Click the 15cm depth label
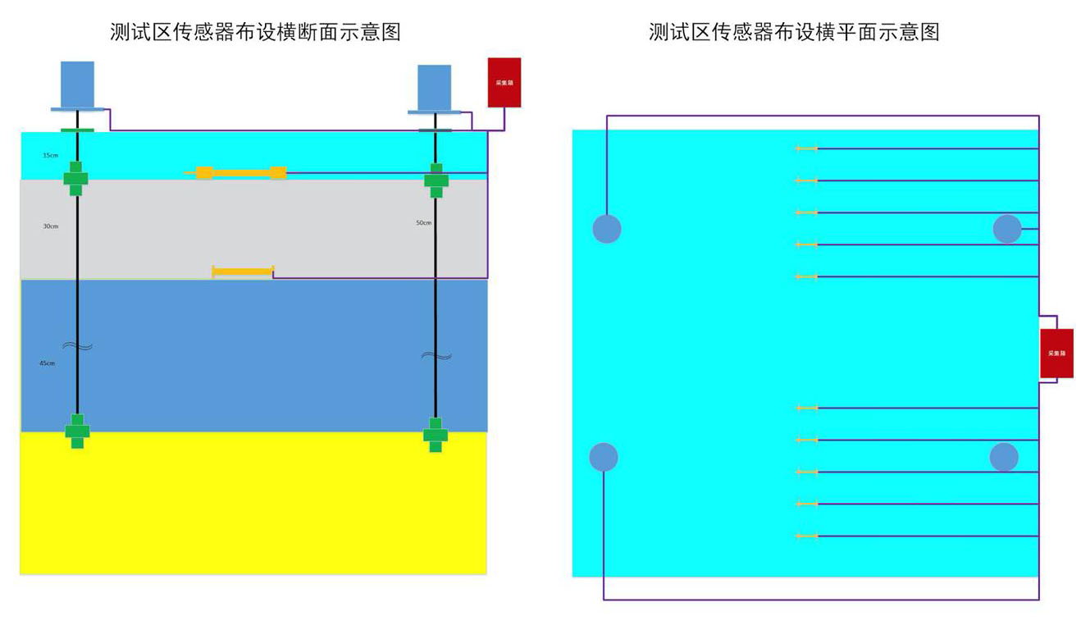[x=50, y=155]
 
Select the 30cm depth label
[x=50, y=226]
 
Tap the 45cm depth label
[x=47, y=363]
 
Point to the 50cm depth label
[x=423, y=222]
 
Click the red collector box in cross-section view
[x=504, y=82]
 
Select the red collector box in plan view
[x=1056, y=353]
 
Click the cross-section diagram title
[x=255, y=32]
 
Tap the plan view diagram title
[x=793, y=32]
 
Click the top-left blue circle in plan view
[x=607, y=229]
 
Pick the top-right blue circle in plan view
[x=1007, y=229]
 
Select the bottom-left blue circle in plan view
[x=604, y=457]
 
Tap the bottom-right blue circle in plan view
[x=1004, y=457]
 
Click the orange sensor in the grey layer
[x=243, y=272]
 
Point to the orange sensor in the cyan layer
[x=241, y=173]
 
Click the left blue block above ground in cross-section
[x=77, y=84]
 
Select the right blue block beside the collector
[x=434, y=87]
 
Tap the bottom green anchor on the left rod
[x=77, y=431]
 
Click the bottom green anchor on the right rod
[x=436, y=435]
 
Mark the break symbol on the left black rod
[x=77, y=346]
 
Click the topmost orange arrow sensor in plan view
[x=807, y=148]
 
